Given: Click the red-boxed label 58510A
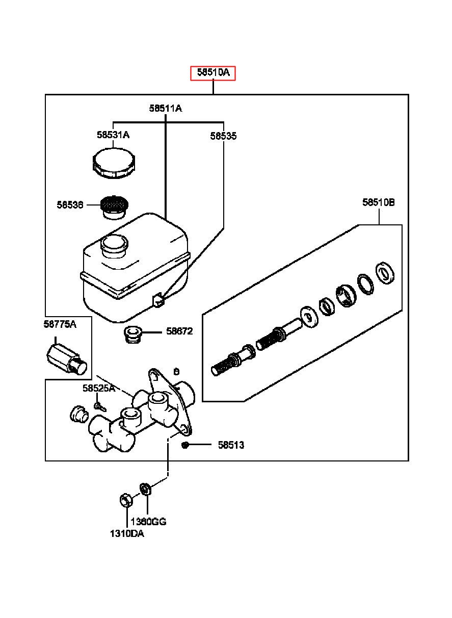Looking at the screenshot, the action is pyautogui.click(x=213, y=73).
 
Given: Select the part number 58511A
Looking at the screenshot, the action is pyautogui.click(x=166, y=108).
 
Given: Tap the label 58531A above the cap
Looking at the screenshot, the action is pyautogui.click(x=113, y=135).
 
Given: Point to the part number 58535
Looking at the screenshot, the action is pyautogui.click(x=223, y=136).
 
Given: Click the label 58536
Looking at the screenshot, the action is pyautogui.click(x=70, y=204).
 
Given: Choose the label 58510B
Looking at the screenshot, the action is pyautogui.click(x=379, y=202).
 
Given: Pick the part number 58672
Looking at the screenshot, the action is pyautogui.click(x=179, y=331).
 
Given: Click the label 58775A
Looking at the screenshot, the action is pyautogui.click(x=60, y=324).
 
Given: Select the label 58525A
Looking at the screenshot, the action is pyautogui.click(x=99, y=388).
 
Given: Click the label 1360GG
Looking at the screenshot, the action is pyautogui.click(x=148, y=522).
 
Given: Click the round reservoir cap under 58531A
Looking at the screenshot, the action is pyautogui.click(x=114, y=163).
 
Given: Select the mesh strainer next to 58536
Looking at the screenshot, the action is pyautogui.click(x=115, y=208).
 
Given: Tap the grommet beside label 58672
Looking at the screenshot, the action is pyautogui.click(x=132, y=334).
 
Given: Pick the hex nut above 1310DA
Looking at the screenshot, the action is pyautogui.click(x=126, y=500).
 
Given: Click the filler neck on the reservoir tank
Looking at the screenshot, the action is pyautogui.click(x=115, y=246).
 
